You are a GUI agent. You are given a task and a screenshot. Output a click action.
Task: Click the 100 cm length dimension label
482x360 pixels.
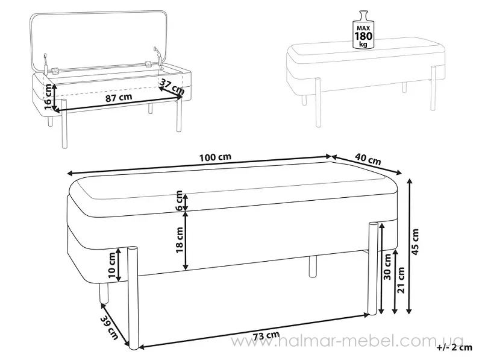click(215, 157)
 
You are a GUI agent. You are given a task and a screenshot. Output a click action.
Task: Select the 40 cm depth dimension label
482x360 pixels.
click(368, 159)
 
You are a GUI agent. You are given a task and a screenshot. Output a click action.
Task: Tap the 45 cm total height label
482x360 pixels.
click(415, 242)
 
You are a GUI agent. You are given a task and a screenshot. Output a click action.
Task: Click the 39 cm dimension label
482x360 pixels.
click(110, 327)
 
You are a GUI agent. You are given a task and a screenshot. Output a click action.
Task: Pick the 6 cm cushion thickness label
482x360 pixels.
click(179, 201)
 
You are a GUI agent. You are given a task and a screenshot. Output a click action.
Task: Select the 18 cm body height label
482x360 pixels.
click(180, 239)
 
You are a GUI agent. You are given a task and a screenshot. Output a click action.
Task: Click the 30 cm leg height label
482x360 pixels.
click(388, 267)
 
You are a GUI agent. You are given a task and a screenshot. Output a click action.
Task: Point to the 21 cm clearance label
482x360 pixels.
click(401, 280)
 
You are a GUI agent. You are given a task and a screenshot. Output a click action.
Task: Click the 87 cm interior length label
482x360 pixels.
click(119, 98)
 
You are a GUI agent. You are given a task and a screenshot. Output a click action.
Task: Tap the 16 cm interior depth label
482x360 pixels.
click(48, 96)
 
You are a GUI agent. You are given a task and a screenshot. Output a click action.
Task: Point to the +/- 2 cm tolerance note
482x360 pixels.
click(454, 347)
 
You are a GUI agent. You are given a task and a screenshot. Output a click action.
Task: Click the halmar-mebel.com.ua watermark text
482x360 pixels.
click(348, 341)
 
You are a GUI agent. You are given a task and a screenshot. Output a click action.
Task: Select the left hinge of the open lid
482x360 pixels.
click(55, 71)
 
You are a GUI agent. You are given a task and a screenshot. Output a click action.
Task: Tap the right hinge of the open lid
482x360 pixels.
click(149, 65)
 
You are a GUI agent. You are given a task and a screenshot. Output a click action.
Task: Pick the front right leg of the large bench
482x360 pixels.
click(373, 268)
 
